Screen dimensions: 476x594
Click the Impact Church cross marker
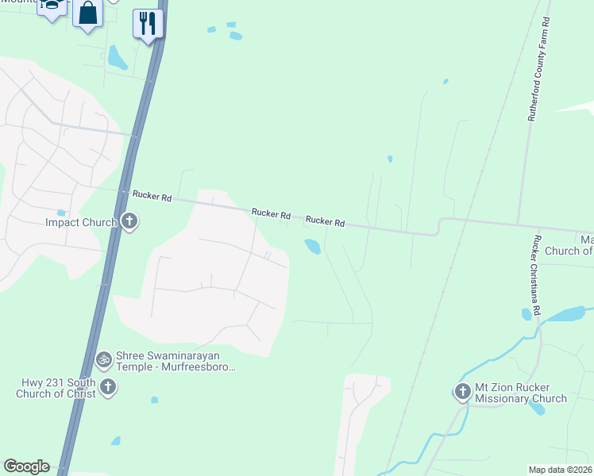129,222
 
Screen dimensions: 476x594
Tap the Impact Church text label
81,223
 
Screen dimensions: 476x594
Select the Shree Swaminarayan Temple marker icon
103,360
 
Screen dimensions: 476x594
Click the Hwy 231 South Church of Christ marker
107,387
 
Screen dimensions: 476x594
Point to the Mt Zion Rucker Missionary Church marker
463,391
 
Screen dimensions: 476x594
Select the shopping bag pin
88,14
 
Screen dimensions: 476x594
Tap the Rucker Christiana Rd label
538,275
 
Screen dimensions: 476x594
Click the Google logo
26,466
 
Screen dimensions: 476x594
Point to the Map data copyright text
561,470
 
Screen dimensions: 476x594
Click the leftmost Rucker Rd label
152,195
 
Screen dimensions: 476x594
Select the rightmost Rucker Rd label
325,222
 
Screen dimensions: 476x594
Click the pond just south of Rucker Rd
312,247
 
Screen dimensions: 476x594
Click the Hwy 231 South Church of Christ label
58,388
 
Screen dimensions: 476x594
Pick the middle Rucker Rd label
271,214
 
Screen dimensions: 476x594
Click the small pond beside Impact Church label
60,213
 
